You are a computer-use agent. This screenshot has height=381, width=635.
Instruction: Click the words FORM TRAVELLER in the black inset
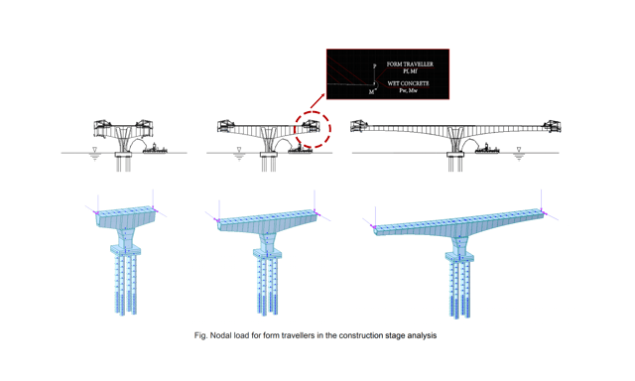[410, 64]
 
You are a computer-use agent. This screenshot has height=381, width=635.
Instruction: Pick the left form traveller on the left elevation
[105, 127]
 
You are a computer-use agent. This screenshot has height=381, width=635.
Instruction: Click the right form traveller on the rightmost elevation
[552, 127]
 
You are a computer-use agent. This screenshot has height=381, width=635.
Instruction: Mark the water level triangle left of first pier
[94, 151]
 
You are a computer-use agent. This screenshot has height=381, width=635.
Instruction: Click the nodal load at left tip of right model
[374, 226]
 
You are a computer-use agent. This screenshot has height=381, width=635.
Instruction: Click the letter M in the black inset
[372, 92]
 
